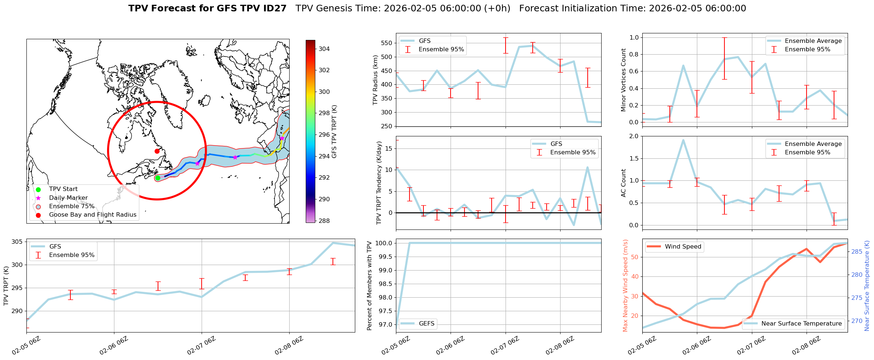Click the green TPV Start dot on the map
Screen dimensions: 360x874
tap(158, 178)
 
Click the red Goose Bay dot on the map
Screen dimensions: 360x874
tap(157, 151)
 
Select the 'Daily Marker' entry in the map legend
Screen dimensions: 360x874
tap(68, 198)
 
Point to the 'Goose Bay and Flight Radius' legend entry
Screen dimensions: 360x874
tap(92, 215)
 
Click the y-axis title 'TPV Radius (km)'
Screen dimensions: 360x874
tap(375, 80)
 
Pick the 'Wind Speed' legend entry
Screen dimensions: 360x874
tap(683, 247)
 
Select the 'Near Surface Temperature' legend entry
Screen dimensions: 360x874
tap(801, 323)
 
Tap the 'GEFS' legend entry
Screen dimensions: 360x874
tap(426, 323)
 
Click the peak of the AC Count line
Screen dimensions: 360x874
tap(683, 140)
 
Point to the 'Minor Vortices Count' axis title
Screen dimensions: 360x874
tap(623, 80)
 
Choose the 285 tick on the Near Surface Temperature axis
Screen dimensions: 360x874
tap(857, 251)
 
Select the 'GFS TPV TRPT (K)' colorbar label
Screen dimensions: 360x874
tap(334, 132)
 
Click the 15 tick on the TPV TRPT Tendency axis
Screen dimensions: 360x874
tap(389, 148)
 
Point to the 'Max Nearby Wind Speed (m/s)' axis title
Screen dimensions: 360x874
tap(625, 286)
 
